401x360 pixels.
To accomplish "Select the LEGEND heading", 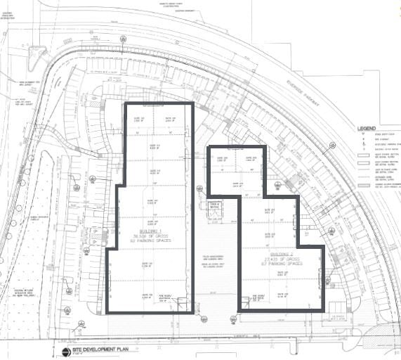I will [x=367, y=129].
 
